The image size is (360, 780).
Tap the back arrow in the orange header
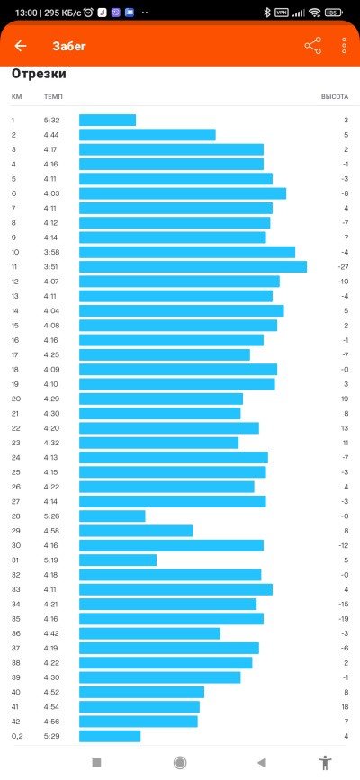[21, 46]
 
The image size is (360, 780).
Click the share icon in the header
[312, 46]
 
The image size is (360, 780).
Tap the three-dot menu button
[344, 46]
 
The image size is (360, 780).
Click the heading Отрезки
[39, 74]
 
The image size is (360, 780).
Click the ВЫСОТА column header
[335, 96]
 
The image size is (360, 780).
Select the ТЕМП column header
[53, 96]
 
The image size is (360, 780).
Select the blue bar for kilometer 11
[193, 266]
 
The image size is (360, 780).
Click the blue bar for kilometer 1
[108, 120]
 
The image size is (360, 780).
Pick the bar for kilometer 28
[112, 516]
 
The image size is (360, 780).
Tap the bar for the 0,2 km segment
[110, 736]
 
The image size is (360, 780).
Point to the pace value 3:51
[51, 267]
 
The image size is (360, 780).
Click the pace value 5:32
[51, 121]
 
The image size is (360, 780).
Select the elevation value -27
[343, 267]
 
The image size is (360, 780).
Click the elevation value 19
[345, 399]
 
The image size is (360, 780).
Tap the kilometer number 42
[16, 722]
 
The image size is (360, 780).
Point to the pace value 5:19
[51, 560]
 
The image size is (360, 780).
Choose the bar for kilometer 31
[118, 560]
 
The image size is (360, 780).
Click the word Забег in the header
[69, 46]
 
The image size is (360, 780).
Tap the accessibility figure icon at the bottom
[325, 762]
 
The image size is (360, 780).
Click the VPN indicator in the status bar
[282, 13]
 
